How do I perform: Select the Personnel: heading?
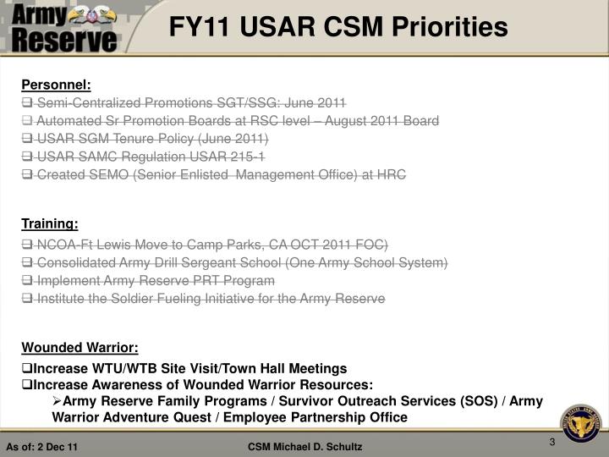coord(56,85)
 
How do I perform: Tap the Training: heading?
coord(50,223)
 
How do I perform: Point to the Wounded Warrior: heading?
coord(80,348)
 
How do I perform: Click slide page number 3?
coord(551,442)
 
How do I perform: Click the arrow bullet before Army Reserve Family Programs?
coord(57,401)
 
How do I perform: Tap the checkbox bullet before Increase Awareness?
coord(26,385)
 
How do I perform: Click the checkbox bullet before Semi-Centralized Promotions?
coord(26,103)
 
